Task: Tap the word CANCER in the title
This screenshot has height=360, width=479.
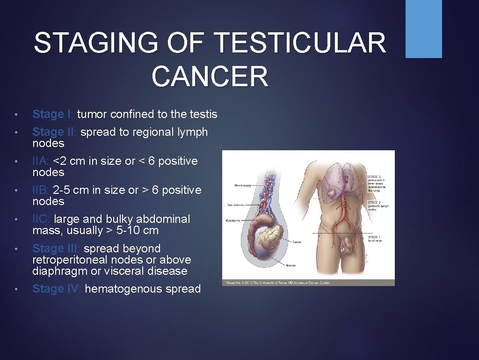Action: click(210, 76)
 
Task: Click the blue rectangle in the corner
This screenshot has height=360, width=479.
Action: click(423, 29)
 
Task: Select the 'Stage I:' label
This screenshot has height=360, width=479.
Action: click(53, 114)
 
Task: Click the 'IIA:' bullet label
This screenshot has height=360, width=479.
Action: click(41, 161)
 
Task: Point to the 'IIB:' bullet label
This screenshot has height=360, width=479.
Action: click(41, 190)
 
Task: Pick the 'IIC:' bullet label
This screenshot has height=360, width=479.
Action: click(42, 219)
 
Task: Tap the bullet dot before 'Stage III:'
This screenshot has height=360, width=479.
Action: click(16, 249)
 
